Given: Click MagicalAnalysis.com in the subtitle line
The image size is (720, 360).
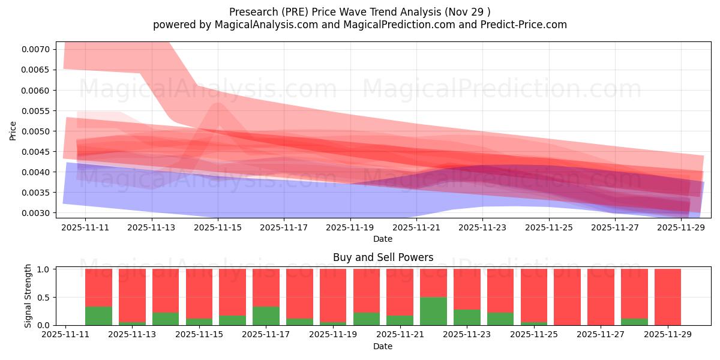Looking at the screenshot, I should [262, 25].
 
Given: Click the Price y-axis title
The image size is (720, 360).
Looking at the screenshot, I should [13, 130].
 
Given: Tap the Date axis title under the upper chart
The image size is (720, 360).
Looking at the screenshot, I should [383, 239].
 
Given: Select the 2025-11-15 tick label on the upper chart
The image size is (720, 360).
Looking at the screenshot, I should [218, 227].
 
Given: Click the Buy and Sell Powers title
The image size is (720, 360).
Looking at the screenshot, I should [383, 257].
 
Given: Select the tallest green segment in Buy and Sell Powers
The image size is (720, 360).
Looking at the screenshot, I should [433, 311].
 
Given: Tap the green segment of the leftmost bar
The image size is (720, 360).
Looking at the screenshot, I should [98, 316].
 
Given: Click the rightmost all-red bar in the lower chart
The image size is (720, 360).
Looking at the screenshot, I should [668, 297].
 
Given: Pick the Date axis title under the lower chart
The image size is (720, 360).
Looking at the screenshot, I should [383, 346].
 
